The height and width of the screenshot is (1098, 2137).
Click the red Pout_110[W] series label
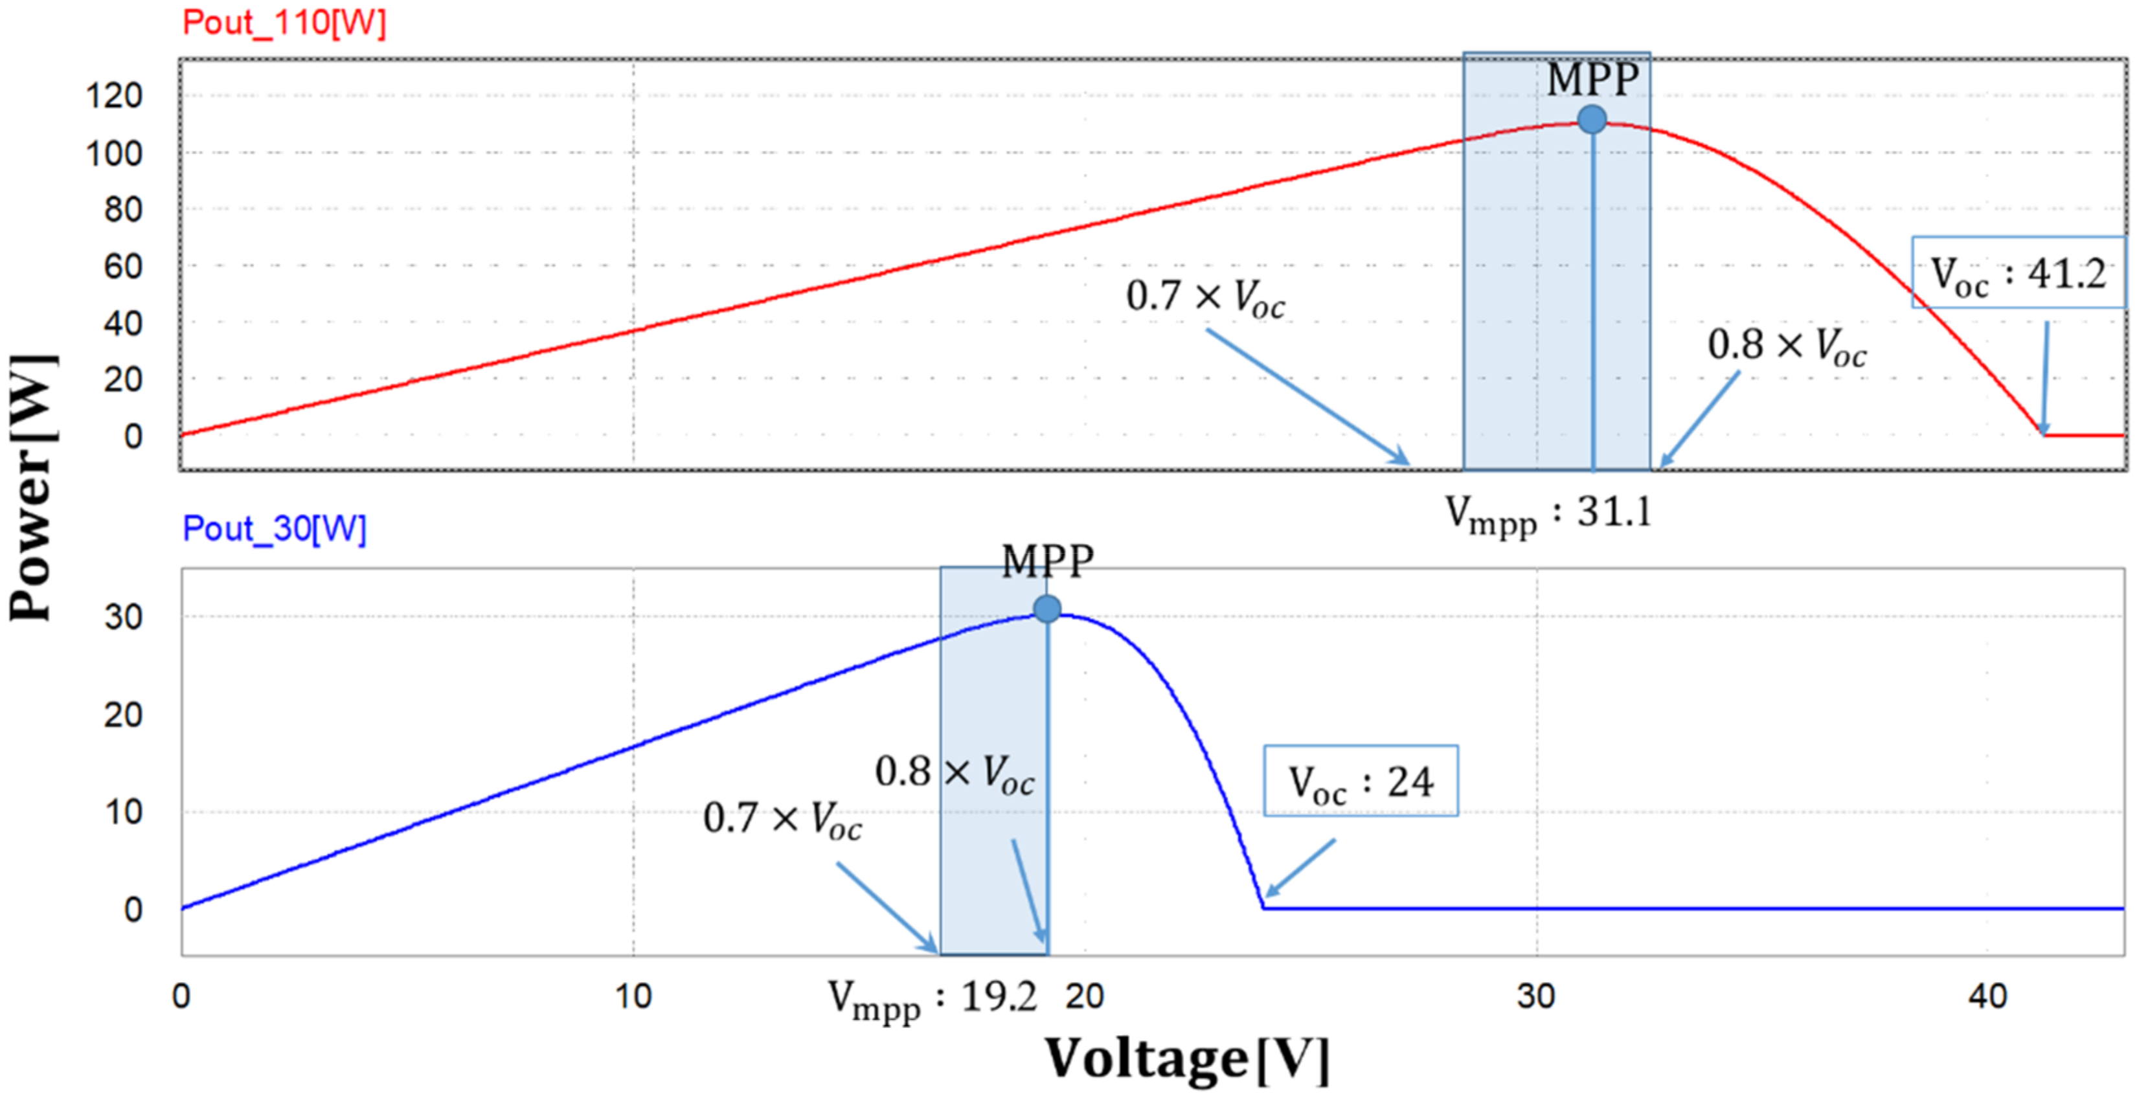coord(284,23)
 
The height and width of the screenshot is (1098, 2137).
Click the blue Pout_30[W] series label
coord(274,528)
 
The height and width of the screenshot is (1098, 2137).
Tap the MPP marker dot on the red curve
coord(1591,119)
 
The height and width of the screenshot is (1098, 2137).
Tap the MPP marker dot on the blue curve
coord(1047,609)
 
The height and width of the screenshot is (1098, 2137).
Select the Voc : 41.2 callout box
coord(2018,273)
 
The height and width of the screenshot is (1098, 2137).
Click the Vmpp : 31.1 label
coord(1548,513)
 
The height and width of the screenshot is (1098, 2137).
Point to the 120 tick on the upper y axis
coord(115,96)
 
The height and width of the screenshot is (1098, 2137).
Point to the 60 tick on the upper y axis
coord(123,267)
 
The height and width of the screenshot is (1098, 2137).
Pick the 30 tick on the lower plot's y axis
coord(123,617)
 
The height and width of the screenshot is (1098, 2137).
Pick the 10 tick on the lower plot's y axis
coord(123,812)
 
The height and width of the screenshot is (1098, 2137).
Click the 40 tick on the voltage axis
coord(1987,996)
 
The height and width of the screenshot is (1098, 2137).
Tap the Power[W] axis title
coord(32,487)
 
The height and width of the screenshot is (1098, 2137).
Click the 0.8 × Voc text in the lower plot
coord(954,773)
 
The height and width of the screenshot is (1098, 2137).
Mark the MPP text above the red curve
coord(1593,80)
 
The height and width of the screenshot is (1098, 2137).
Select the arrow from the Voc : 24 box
coord(1299,868)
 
